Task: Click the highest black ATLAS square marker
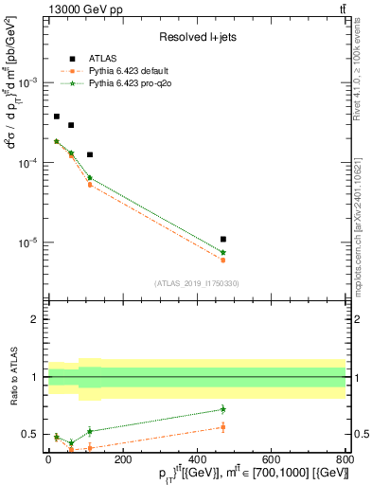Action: [x=57, y=117]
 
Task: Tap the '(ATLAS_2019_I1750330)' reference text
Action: [x=196, y=283]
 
